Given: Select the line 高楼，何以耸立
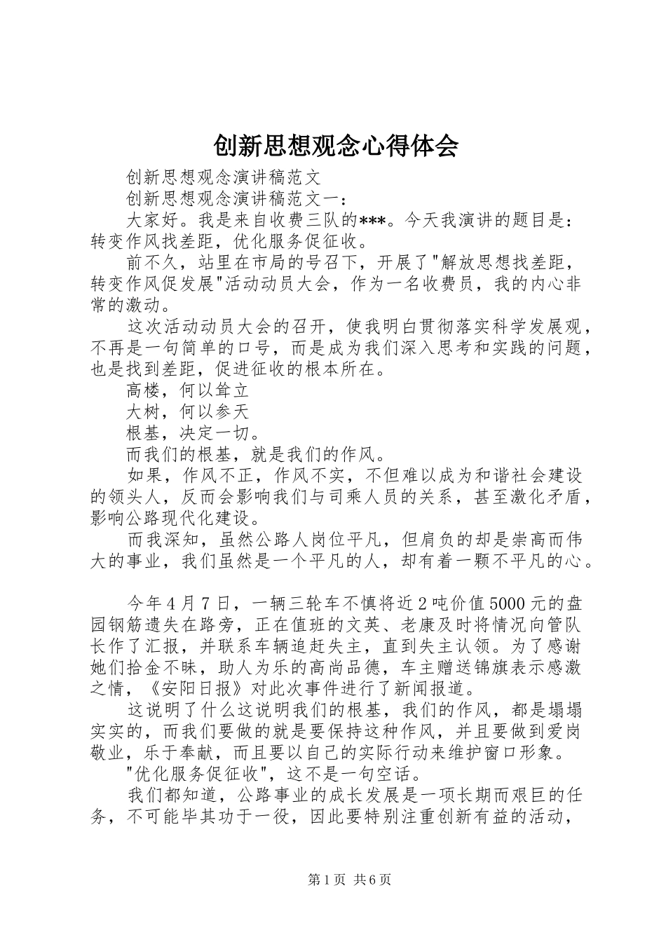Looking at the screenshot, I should point(187,391).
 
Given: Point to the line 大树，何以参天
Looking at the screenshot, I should point(187,411).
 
